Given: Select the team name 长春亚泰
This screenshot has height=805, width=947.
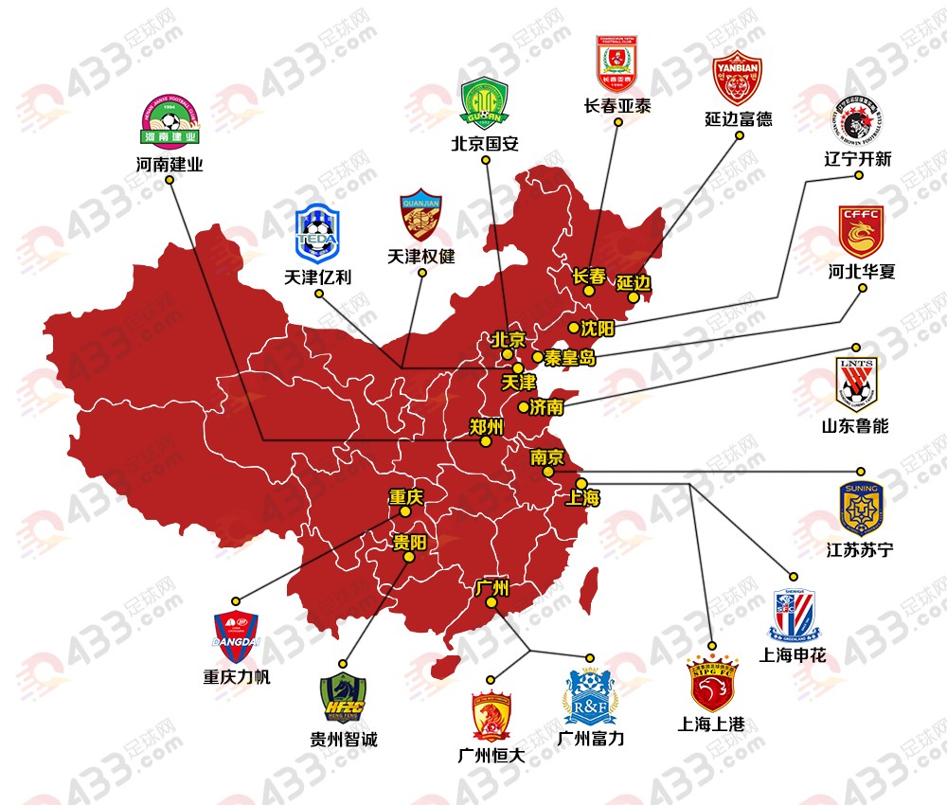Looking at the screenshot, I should pos(618,106).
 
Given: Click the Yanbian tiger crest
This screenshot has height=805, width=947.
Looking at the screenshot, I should pos(737,79).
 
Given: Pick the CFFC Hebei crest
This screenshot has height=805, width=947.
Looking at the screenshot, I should pos(860,231).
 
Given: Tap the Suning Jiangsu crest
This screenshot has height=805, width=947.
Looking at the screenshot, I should pos(860,509).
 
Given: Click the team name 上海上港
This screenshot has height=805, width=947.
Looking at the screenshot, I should pos(711,724).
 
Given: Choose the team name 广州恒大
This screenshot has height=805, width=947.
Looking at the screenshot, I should pos(491,755).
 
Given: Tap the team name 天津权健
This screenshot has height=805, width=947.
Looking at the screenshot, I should pos(421,256).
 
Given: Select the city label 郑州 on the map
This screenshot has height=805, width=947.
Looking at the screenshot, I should pos(486,426).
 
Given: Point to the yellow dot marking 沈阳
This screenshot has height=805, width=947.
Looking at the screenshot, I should pos(573,328).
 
